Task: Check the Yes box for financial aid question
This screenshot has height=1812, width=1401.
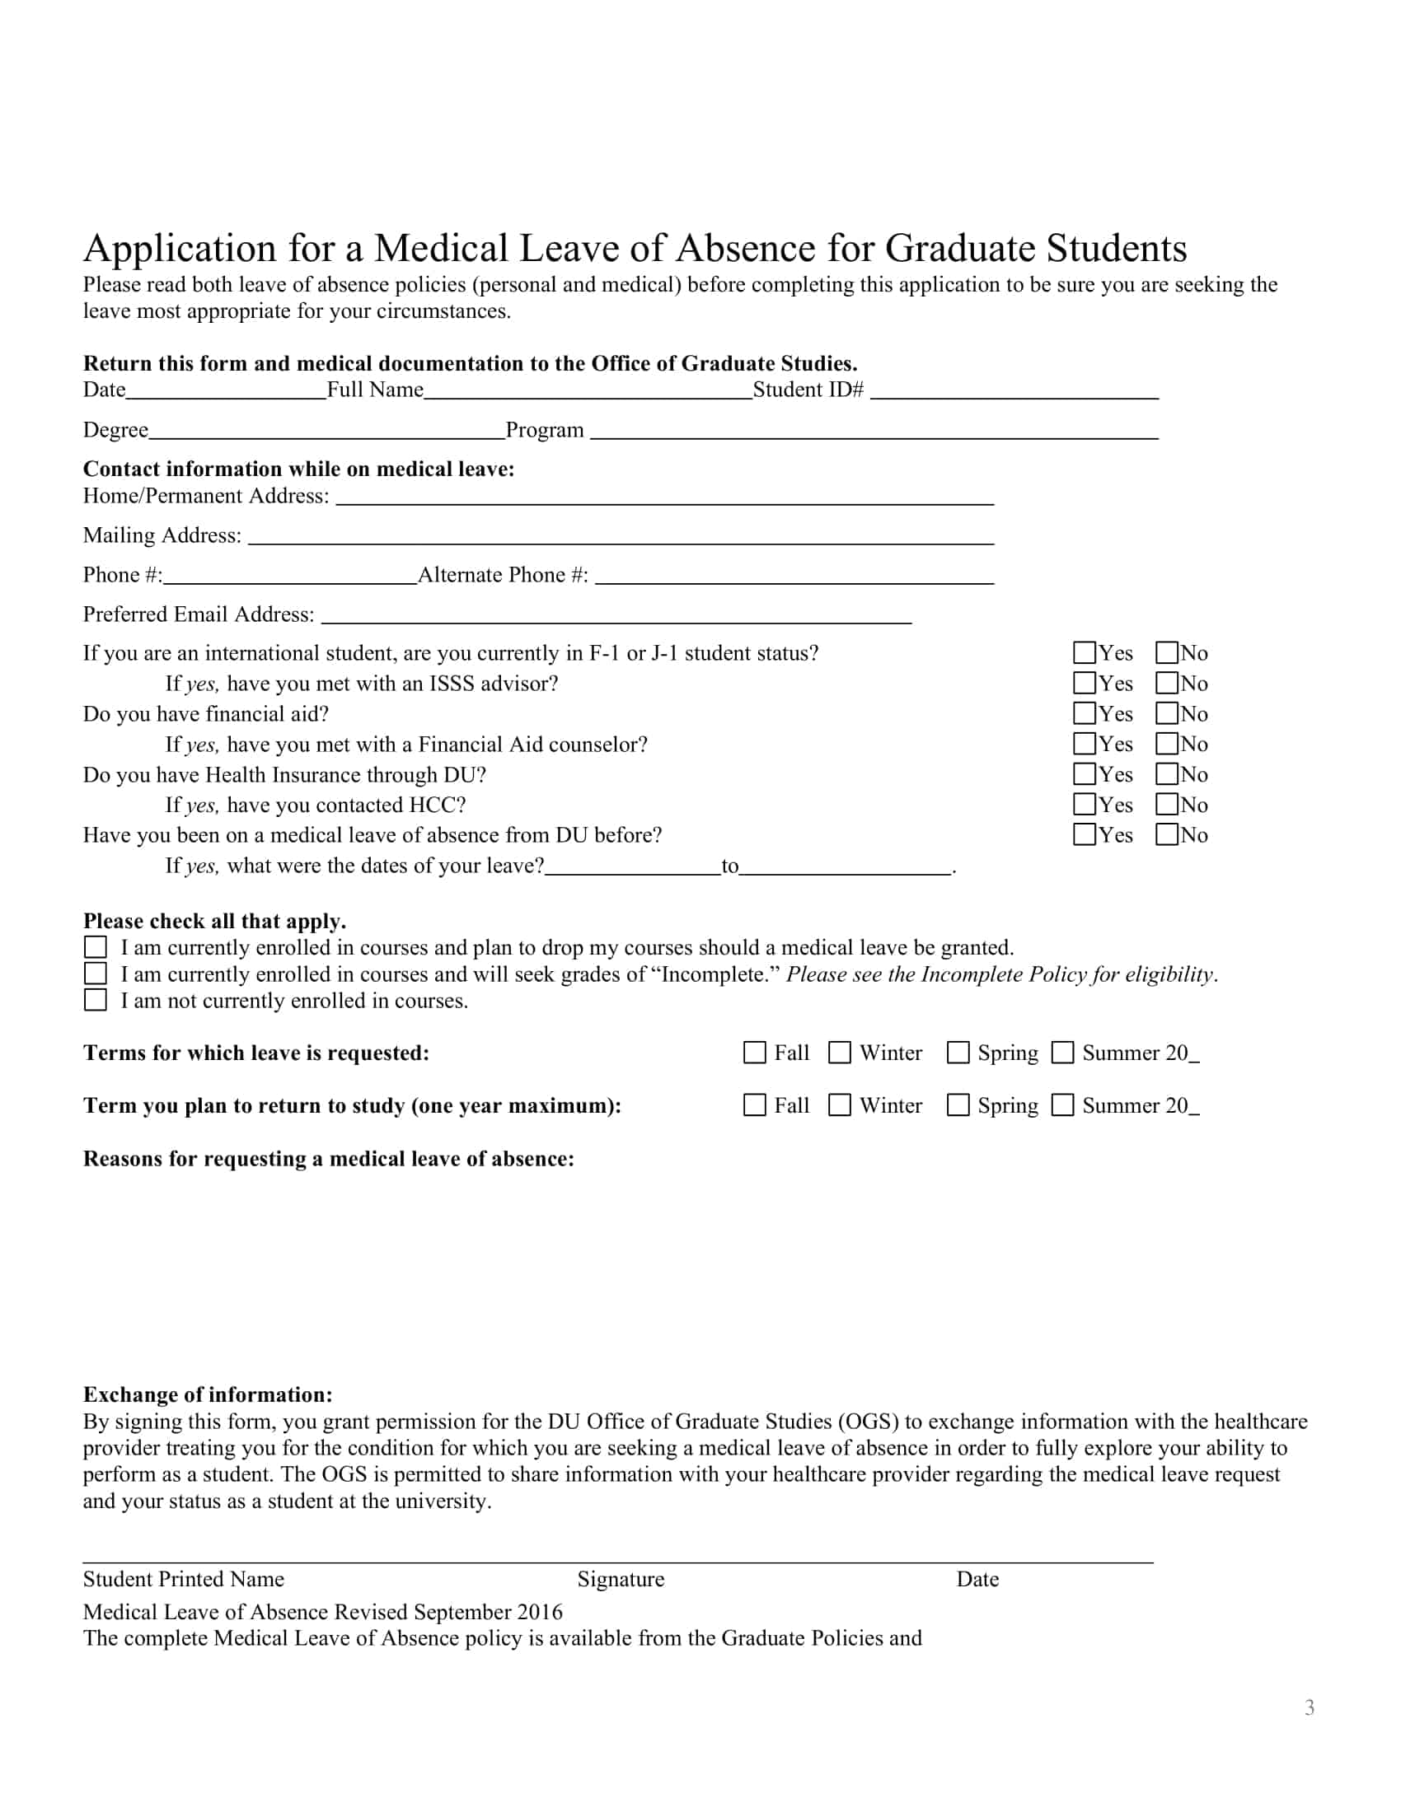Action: pos(1084,713)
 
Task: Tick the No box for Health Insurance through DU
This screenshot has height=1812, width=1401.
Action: pos(1167,774)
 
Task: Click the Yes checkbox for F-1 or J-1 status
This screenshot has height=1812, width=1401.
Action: pos(1084,653)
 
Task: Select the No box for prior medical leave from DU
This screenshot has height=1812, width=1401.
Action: pos(1167,834)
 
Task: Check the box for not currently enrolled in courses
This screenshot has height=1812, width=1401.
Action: pos(96,1000)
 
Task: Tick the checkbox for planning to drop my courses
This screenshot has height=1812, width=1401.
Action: pos(96,947)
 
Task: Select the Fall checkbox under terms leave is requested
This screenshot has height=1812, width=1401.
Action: pos(754,1053)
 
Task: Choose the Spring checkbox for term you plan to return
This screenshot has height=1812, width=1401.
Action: pos(958,1105)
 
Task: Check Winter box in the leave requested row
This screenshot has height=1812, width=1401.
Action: pos(840,1053)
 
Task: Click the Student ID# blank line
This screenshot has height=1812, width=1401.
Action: pos(1014,393)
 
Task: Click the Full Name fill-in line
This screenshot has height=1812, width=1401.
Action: pos(588,393)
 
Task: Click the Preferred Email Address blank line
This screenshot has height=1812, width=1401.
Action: pos(616,617)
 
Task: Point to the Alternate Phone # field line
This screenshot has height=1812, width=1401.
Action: pos(794,578)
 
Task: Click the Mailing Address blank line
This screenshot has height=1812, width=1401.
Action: pos(620,539)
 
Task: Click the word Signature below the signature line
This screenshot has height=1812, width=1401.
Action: pos(621,1579)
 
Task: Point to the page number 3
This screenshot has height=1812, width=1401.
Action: pos(1309,1707)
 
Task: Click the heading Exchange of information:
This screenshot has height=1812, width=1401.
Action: pos(208,1394)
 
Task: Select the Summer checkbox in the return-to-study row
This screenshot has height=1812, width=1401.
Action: pos(1062,1105)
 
